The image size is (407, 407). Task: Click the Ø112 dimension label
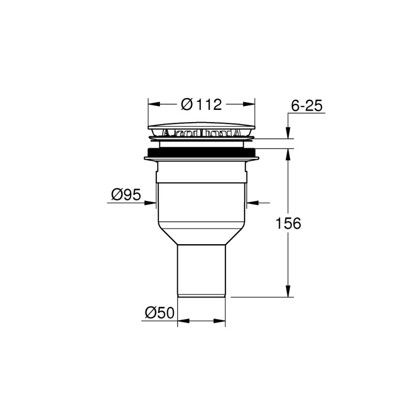pos(201,104)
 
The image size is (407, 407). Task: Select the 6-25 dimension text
pos(307,106)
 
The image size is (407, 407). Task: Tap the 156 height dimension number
pos(288,223)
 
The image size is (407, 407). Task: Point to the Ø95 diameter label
pos(126,194)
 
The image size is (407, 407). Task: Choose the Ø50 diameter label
pos(160,313)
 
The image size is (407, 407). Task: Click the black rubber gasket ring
pos(201,152)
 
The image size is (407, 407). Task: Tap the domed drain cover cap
pos(201,126)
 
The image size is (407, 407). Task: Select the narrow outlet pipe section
pos(201,271)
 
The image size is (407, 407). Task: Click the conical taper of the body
pos(201,237)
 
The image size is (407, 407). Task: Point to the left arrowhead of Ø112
pos(154,104)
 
